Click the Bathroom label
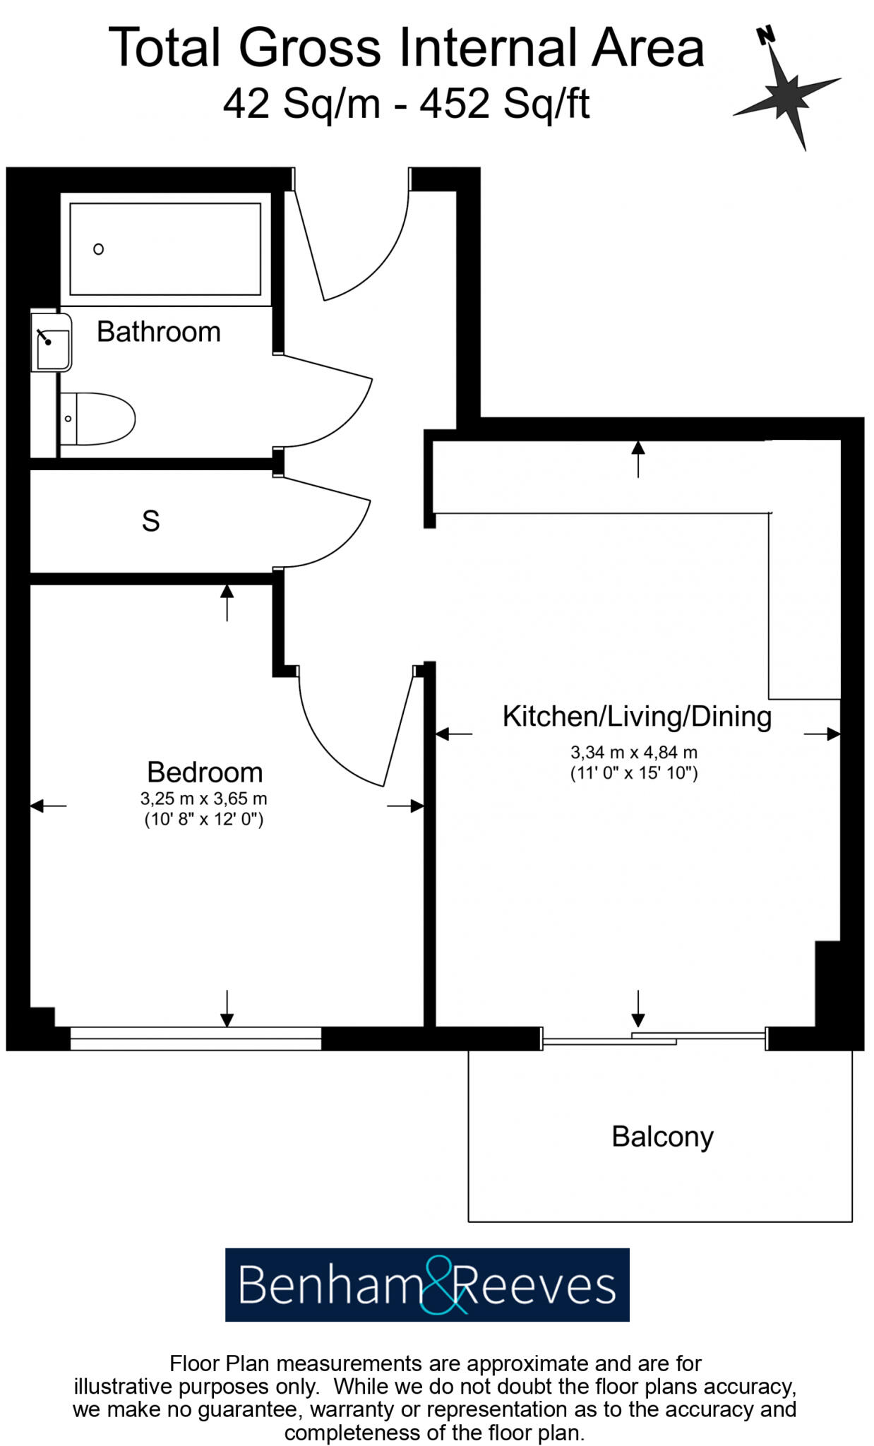(158, 332)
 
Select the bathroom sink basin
(53, 342)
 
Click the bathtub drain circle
(99, 249)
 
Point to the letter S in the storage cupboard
(150, 521)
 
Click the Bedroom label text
(205, 772)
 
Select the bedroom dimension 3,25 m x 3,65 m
(203, 799)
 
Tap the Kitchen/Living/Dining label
(636, 716)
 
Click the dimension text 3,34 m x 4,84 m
(633, 753)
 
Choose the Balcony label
(662, 1137)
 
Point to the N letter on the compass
(765, 35)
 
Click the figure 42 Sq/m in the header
(301, 104)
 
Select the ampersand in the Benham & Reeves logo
(443, 1286)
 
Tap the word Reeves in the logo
(537, 1286)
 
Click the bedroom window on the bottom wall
(196, 1038)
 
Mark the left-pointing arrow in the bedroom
(48, 806)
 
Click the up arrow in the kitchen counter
(637, 458)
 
